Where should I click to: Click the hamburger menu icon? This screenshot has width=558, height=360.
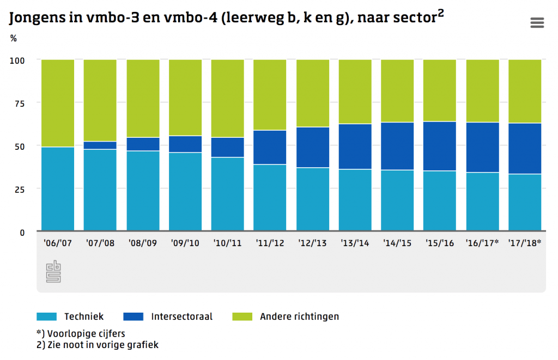[537, 22]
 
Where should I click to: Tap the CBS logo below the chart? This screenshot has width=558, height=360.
[53, 272]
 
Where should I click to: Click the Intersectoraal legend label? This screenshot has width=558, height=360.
[181, 316]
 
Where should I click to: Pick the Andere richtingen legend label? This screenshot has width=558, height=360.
[299, 316]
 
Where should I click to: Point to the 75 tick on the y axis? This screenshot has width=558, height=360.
[19, 102]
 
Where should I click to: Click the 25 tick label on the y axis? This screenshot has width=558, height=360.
[19, 188]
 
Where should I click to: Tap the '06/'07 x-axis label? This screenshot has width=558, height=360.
[57, 243]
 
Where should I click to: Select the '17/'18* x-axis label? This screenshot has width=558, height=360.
[524, 243]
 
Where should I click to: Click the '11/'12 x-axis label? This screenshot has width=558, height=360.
[270, 243]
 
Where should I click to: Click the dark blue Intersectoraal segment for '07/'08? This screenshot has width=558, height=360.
[100, 145]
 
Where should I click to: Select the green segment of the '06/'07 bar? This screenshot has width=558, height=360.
[57, 102]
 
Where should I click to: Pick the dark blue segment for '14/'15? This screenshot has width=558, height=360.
[397, 146]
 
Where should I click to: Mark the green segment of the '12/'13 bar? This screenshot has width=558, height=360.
[312, 93]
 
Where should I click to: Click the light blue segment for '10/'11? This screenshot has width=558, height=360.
[227, 193]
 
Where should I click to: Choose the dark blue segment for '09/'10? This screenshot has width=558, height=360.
[185, 144]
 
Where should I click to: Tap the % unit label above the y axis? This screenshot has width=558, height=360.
[13, 38]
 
